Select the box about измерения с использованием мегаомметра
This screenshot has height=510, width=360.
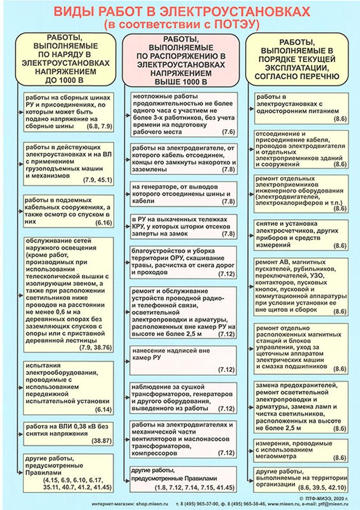(x=301, y=450)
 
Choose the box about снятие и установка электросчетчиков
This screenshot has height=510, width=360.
(x=301, y=234)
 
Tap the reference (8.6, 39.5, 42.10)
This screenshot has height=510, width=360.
(x=323, y=487)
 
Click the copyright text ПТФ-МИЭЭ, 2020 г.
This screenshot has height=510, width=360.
(x=328, y=498)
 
